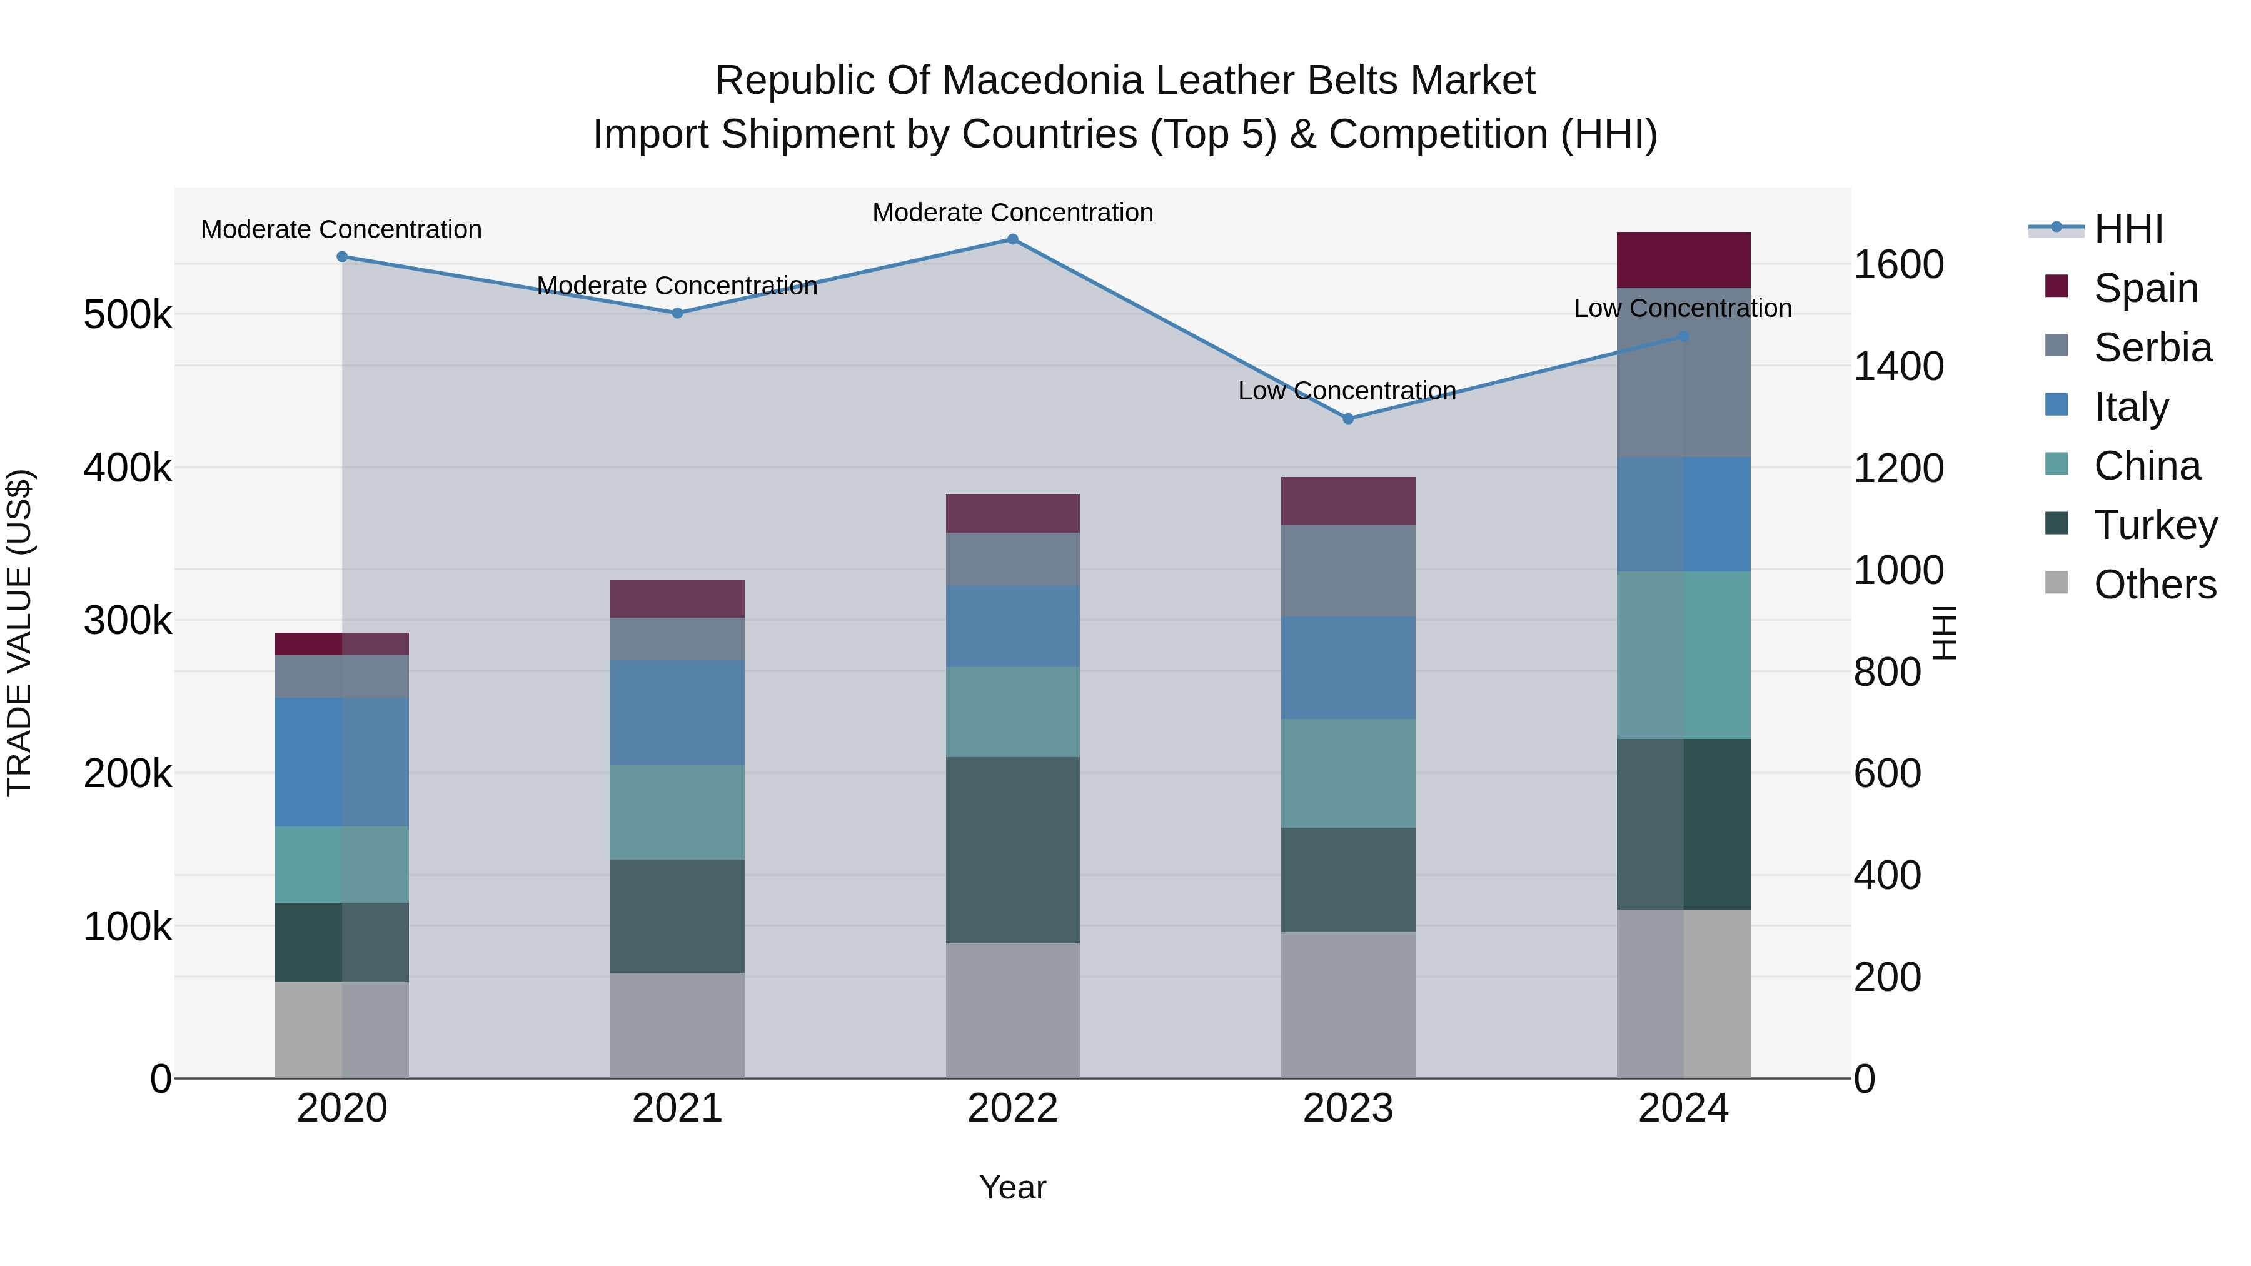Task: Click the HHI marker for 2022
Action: click(1013, 239)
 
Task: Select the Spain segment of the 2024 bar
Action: click(1683, 259)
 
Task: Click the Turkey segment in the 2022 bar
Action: click(1013, 850)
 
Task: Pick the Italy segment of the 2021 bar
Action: click(677, 713)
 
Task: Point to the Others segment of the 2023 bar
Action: click(1347, 1005)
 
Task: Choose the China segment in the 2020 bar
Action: click(341, 864)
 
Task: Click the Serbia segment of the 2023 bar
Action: click(1347, 571)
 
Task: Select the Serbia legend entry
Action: click(2152, 348)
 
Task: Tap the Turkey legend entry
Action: click(2155, 526)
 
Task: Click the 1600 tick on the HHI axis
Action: click(1898, 264)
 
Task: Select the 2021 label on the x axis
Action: click(677, 1108)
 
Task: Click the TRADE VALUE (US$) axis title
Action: click(20, 633)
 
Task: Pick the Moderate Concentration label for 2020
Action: click(341, 230)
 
